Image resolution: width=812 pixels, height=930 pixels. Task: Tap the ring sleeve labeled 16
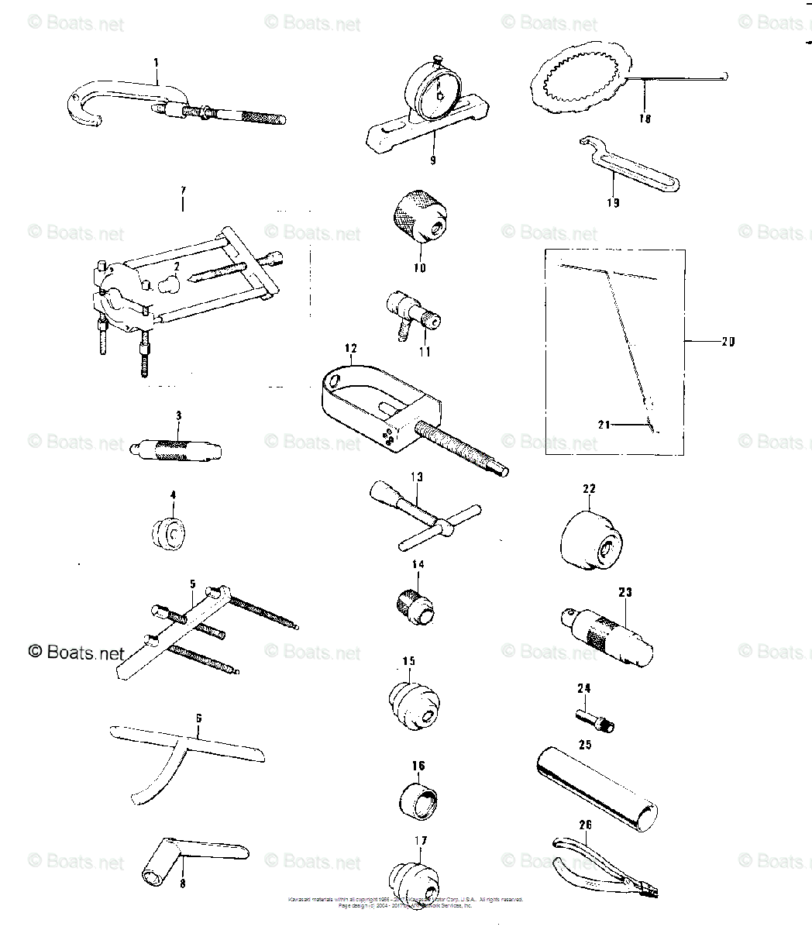click(x=419, y=800)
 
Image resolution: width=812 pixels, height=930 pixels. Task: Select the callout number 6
click(x=198, y=718)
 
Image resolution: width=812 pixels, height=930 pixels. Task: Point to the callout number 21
click(x=604, y=423)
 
